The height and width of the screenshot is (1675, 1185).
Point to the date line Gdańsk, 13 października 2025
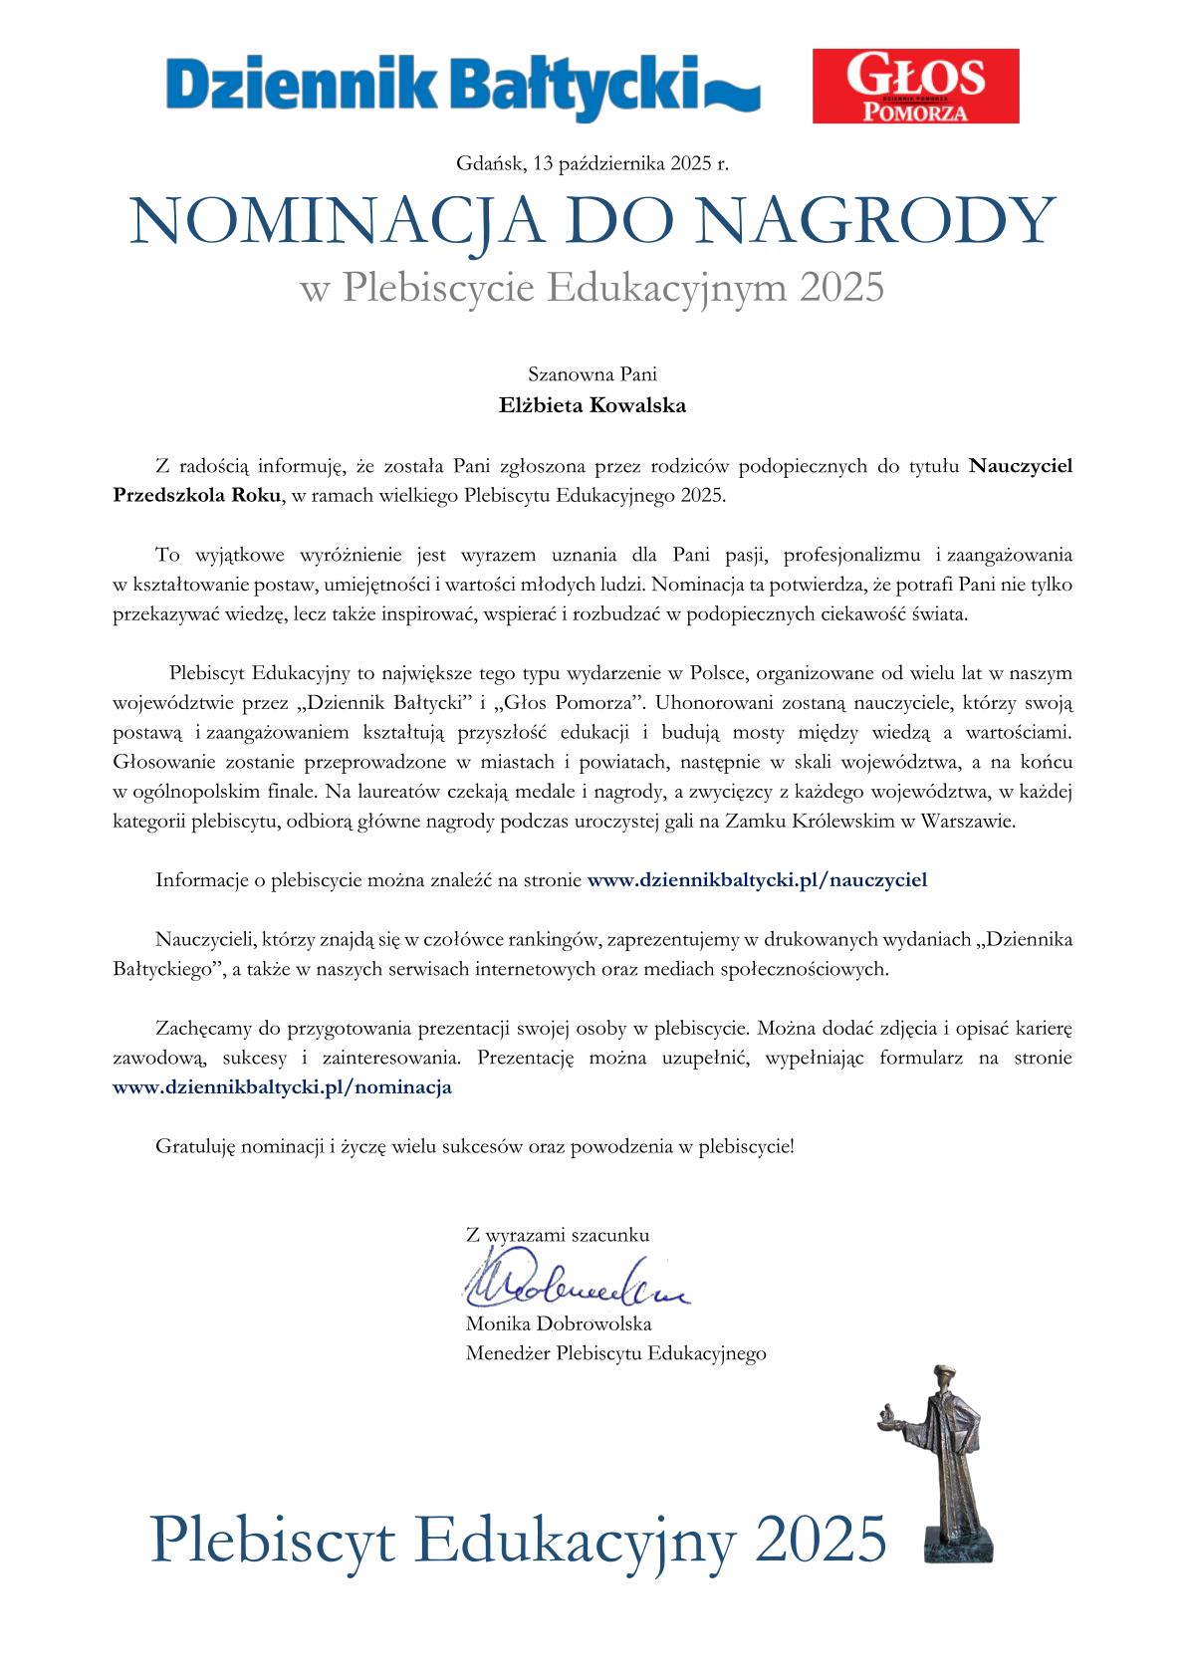pos(592,163)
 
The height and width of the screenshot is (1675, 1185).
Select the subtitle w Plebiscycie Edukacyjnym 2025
pos(592,288)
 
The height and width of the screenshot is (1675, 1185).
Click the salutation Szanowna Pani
pos(592,375)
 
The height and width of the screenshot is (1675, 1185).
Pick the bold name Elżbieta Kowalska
pos(592,405)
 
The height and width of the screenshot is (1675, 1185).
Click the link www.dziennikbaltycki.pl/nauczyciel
pos(758,879)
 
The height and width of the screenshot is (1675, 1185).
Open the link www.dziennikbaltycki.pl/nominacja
pos(283,1086)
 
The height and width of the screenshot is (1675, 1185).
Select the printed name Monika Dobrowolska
pos(559,1323)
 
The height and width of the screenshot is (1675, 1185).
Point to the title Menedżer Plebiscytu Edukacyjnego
pos(615,1353)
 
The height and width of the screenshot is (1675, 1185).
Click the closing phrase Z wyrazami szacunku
pos(558,1235)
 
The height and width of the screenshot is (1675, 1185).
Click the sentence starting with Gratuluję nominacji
pos(475,1146)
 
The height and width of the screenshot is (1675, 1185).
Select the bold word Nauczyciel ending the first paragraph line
pos(1020,465)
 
